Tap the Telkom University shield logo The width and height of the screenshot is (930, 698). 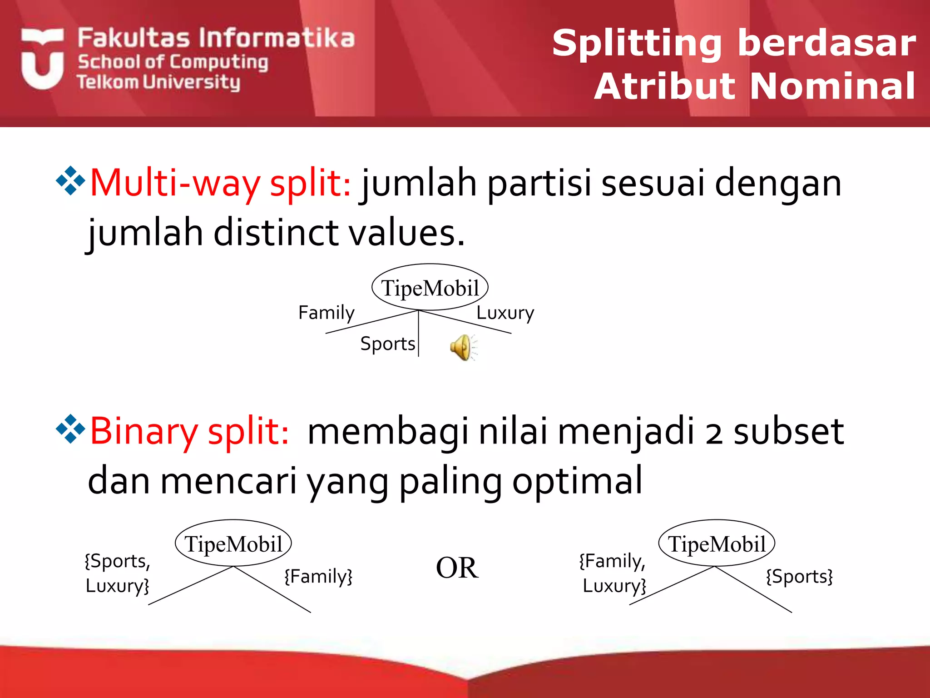click(x=42, y=59)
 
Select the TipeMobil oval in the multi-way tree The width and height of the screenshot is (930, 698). click(x=430, y=288)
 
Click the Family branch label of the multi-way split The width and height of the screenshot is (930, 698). click(x=326, y=313)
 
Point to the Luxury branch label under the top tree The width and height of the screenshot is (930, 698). click(x=505, y=313)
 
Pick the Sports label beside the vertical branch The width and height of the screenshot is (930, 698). click(x=387, y=344)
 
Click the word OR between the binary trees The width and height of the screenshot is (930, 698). click(x=457, y=568)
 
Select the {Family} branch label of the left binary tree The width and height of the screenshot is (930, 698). click(x=318, y=576)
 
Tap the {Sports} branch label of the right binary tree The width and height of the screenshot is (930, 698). click(x=799, y=576)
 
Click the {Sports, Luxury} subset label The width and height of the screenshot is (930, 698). click(x=117, y=573)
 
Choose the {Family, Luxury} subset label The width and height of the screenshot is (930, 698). click(x=613, y=573)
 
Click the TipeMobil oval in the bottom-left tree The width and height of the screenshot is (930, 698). click(x=233, y=543)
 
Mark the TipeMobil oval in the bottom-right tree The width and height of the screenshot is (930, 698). click(x=717, y=543)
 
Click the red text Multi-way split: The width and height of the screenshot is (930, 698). click(x=221, y=183)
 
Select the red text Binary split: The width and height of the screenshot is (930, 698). click(x=189, y=431)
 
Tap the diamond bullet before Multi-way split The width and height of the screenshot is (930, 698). click(x=70, y=181)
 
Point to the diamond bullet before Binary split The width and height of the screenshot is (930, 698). click(x=70, y=429)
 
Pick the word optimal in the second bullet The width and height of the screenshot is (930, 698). click(x=577, y=481)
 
